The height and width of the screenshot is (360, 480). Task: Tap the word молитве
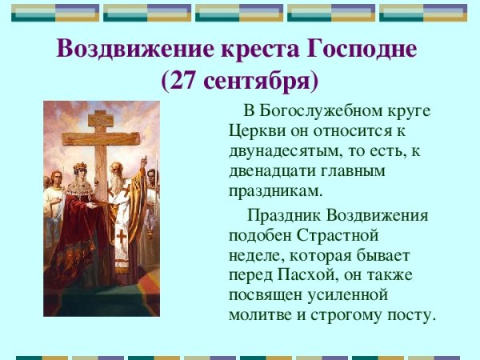pos(259,316)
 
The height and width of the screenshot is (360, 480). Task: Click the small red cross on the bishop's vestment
pos(121,238)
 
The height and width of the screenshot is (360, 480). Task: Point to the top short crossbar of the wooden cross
pos(101,119)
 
